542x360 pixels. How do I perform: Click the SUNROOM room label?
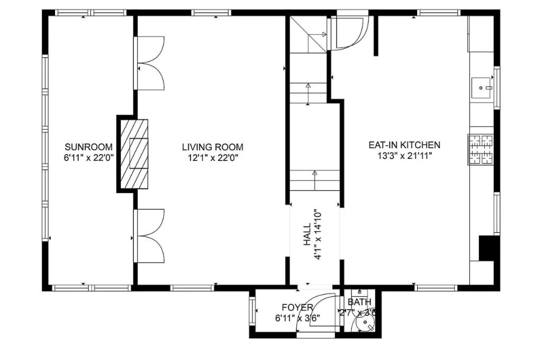88,147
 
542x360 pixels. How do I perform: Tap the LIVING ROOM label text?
213,147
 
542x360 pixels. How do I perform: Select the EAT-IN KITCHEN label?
404,145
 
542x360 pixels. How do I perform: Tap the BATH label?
359,302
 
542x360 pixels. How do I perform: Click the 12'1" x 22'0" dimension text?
213,157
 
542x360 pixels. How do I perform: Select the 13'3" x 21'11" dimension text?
404,156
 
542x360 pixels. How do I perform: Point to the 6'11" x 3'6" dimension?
297,318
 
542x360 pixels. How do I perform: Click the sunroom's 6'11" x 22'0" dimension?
88,157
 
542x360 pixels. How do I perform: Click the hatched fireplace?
132,154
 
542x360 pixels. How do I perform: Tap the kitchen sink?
482,88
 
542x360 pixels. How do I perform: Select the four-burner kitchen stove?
481,149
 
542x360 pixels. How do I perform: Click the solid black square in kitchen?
489,248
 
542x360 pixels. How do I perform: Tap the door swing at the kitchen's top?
347,33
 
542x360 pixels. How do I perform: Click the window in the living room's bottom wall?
192,288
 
